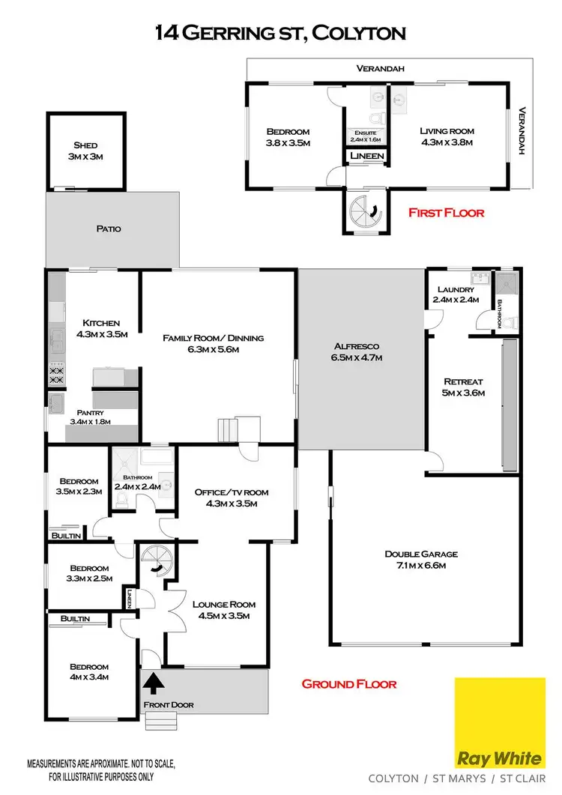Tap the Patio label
pyautogui.click(x=108, y=229)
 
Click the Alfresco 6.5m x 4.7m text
pyautogui.click(x=358, y=351)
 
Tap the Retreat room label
pyautogui.click(x=464, y=387)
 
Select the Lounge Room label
pyautogui.click(x=224, y=610)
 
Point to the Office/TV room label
pyautogui.click(x=231, y=498)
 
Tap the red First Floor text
pyautogui.click(x=446, y=213)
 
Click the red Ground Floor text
pyautogui.click(x=348, y=683)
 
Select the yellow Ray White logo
pyautogui.click(x=500, y=719)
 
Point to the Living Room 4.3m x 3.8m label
pyautogui.click(x=447, y=136)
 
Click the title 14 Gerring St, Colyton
pyautogui.click(x=280, y=32)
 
